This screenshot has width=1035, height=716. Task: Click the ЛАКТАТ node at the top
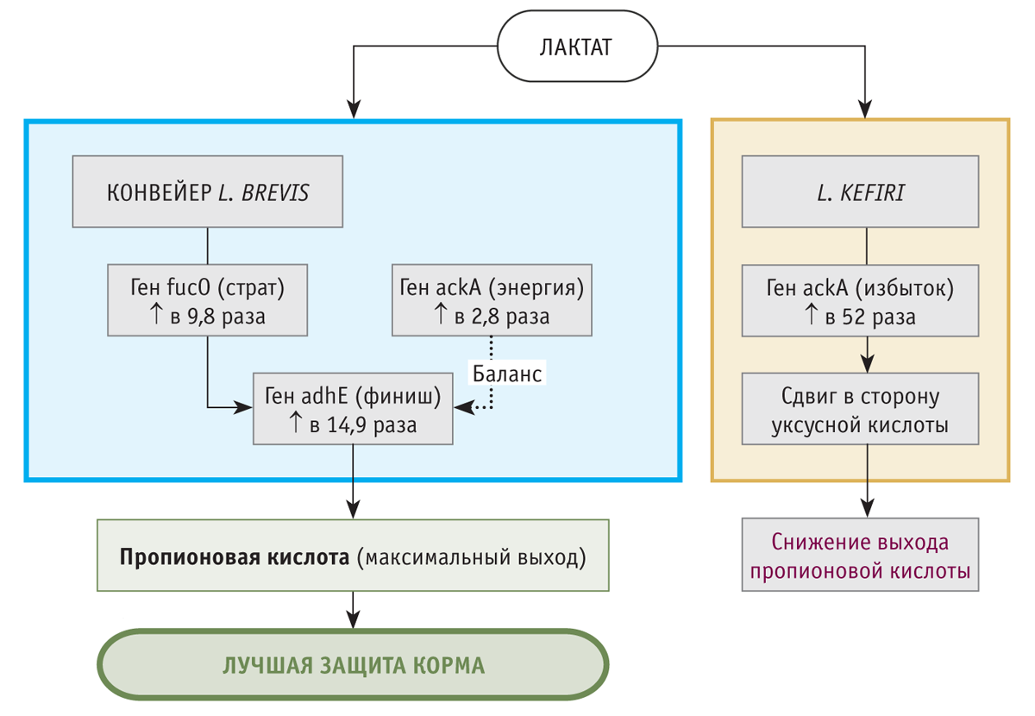click(x=575, y=47)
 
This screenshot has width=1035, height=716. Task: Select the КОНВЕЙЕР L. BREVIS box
click(x=207, y=192)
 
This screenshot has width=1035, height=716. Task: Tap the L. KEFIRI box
click(x=860, y=192)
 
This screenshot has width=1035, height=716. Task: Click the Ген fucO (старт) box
click(x=207, y=300)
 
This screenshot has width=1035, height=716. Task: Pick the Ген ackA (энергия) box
click(x=492, y=300)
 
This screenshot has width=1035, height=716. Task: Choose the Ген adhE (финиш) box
click(x=353, y=409)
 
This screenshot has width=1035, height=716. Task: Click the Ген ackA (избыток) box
click(x=860, y=300)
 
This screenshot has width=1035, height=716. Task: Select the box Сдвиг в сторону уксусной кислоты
click(x=860, y=409)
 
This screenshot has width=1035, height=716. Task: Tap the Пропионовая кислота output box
click(x=353, y=555)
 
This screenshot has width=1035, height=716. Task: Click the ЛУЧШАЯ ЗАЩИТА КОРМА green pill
click(x=353, y=666)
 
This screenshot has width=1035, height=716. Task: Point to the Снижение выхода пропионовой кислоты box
click(x=860, y=555)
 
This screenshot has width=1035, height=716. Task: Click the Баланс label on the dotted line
click(x=507, y=374)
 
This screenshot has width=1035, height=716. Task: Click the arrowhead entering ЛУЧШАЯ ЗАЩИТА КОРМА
click(x=353, y=622)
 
